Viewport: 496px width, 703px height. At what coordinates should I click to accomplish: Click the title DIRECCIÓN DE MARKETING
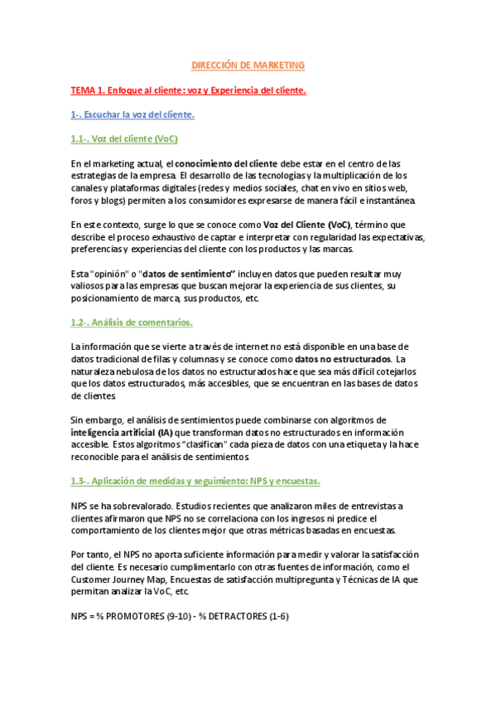click(x=248, y=65)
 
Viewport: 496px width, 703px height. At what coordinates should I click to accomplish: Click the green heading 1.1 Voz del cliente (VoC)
click(x=124, y=138)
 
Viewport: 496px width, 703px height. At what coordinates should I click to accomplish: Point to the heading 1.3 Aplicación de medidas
click(x=195, y=481)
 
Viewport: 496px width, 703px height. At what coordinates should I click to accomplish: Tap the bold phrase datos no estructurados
click(x=343, y=359)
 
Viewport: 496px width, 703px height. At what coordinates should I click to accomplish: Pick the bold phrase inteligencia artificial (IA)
click(x=121, y=432)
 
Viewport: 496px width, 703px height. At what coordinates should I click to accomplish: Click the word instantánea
click(x=393, y=200)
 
